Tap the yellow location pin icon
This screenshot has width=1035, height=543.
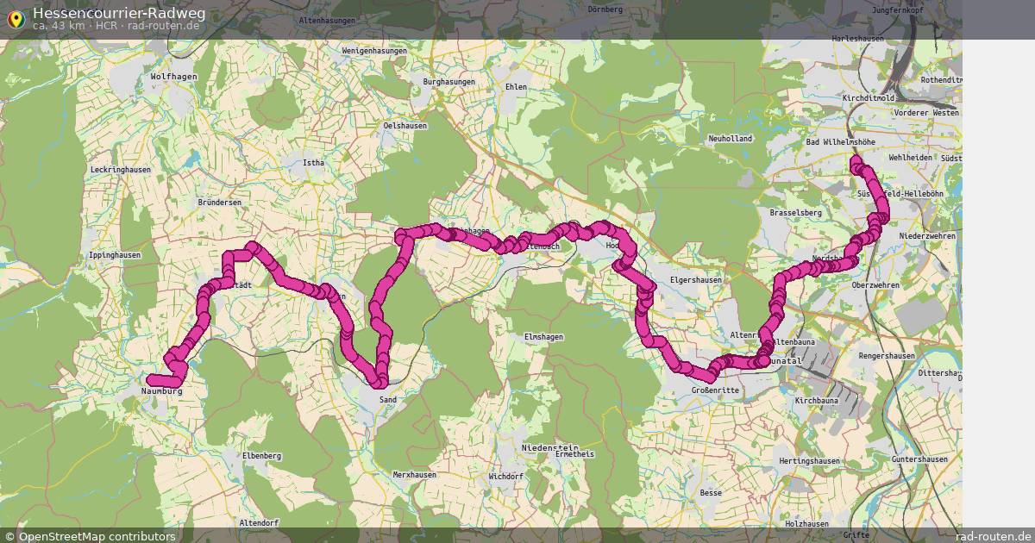pos(15,18)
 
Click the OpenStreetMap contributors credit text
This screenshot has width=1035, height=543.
pos(97,536)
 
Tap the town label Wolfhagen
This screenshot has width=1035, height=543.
pos(173,77)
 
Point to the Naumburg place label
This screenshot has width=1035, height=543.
pos(161,391)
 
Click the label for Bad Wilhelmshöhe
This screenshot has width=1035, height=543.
pos(839,141)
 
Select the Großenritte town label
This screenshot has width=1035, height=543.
pos(716,390)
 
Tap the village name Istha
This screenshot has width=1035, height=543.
pos(312,161)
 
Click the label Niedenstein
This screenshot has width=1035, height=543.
pos(549,448)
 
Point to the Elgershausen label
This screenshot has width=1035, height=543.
pos(695,280)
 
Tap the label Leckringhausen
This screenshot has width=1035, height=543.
pos(120,170)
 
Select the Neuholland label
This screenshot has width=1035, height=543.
pos(731,139)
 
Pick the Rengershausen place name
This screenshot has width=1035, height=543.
pos(888,356)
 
